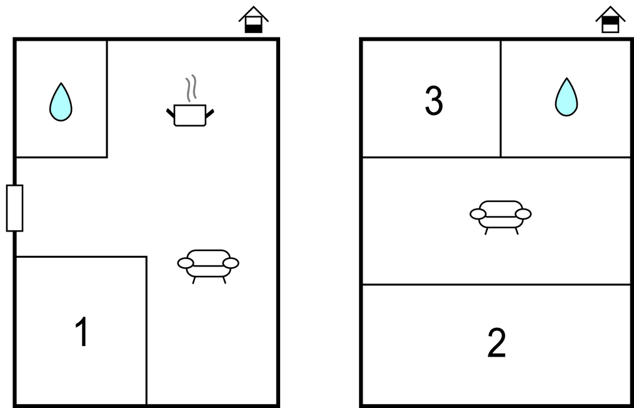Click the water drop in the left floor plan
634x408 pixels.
pos(61,103)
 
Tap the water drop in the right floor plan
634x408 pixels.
pos(566,98)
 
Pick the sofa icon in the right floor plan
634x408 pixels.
pos(501,217)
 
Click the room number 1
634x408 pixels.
pos(82,332)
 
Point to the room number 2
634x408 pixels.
pos(496,343)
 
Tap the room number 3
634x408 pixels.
pos(434,101)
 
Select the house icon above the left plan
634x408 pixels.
pos(253,20)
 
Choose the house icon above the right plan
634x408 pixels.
pos(610,20)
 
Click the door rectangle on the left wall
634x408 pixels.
pos(14,208)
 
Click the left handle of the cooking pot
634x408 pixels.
pos(171,114)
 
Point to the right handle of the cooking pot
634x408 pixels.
pos(209,114)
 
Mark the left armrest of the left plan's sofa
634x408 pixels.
pos(186,263)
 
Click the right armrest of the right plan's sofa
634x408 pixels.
pos(523,214)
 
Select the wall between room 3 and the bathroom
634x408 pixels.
pos(501,98)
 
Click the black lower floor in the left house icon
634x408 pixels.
pos(253,29)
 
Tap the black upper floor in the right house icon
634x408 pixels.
pos(610,21)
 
